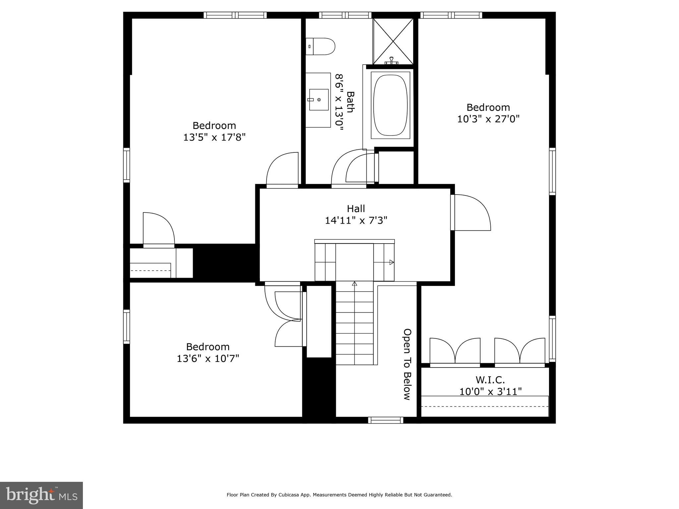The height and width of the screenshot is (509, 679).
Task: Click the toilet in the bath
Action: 321,46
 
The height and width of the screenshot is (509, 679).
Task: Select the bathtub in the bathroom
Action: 391,105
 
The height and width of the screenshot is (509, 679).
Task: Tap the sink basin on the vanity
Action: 319,99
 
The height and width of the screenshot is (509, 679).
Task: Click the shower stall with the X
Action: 393,41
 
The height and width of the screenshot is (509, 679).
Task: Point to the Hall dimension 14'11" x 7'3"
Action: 356,220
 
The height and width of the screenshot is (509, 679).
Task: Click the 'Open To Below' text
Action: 407,364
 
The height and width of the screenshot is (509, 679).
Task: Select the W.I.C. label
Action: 490,380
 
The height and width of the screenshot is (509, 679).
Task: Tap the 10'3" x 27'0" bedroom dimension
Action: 488,119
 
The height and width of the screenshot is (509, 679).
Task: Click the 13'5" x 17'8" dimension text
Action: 214,137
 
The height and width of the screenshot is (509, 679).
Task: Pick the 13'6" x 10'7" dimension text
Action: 208,359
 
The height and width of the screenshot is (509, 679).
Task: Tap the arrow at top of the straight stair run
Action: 354,284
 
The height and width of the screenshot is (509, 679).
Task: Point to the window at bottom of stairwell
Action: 386,420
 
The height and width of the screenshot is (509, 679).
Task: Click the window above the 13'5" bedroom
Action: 235,15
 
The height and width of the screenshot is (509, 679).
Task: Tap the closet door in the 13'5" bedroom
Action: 159,229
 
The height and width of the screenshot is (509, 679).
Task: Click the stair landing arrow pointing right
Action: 391,262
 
